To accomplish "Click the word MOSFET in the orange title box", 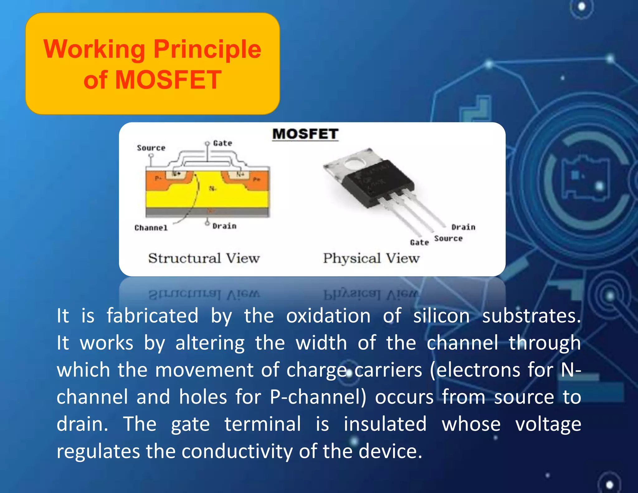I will point(168,80).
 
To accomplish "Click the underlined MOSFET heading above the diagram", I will point(305,134).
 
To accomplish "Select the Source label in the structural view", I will point(151,148).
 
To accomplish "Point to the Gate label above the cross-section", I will point(222,143).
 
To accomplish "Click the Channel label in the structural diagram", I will point(151,228).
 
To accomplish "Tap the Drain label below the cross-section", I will point(224,226).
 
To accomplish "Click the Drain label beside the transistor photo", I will point(463,227).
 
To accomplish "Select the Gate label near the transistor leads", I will point(419,242).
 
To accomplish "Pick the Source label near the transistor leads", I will point(448,238).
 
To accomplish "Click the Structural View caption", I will point(204,258).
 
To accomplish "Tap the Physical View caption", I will point(371,258).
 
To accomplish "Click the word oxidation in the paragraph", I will point(328,316).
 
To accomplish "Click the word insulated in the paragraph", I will point(385,424).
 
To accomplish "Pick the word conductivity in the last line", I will point(237,451).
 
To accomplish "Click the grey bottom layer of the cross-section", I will point(207,213).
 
